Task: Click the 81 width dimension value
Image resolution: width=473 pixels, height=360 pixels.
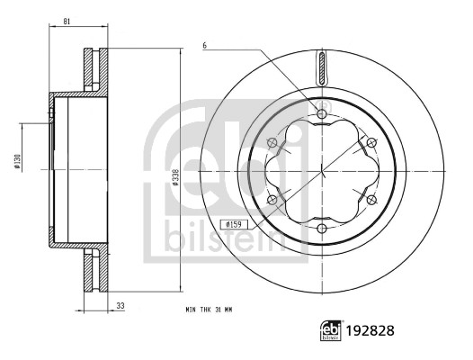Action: click(67, 22)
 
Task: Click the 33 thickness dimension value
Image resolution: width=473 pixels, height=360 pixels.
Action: click(120, 306)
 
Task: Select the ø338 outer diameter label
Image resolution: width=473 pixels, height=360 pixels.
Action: click(175, 177)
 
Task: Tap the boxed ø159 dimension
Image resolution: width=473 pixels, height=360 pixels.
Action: click(234, 224)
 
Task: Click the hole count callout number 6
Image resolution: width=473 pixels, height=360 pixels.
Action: click(205, 46)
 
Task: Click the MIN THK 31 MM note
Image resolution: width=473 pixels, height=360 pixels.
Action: click(209, 310)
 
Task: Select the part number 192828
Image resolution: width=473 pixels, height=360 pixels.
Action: click(370, 331)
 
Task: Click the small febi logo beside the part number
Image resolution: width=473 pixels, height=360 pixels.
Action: click(331, 330)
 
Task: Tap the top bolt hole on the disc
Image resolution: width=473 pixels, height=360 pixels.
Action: click(322, 114)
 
